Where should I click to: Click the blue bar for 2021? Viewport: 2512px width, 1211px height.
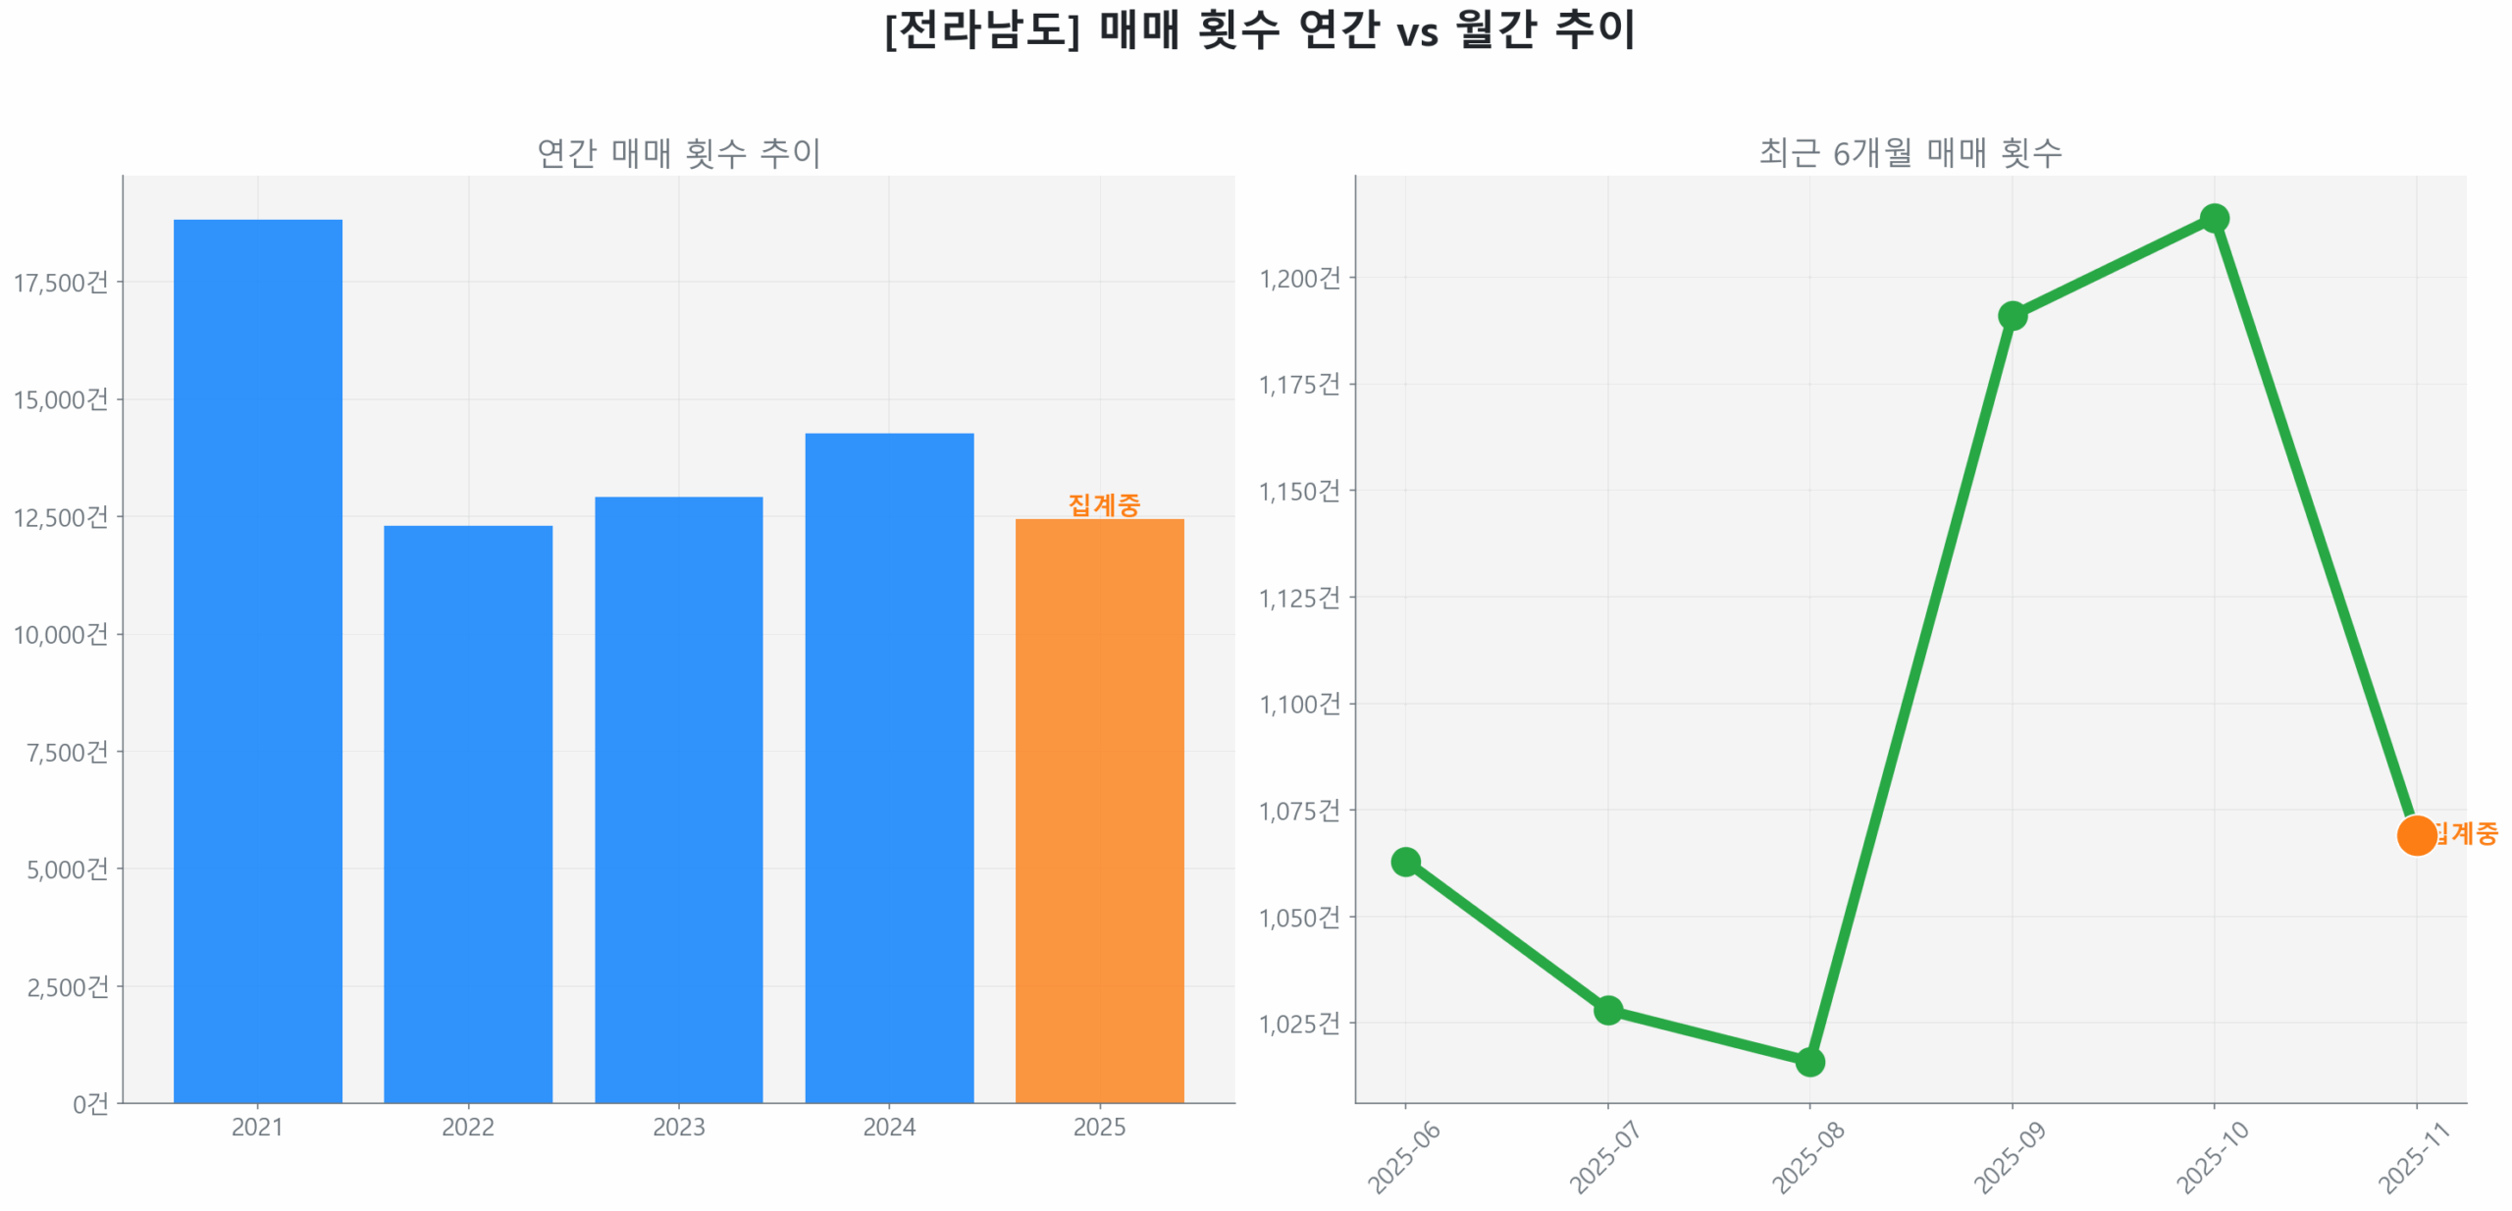pos(257,658)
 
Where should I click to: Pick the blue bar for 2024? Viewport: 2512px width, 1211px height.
pos(888,764)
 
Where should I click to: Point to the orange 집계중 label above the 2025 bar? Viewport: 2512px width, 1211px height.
pos(1103,503)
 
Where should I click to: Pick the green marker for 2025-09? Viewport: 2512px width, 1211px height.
pos(2011,314)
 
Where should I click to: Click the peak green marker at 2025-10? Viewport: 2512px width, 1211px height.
pos(2213,217)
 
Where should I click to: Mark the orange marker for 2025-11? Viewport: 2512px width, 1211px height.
pos(2415,834)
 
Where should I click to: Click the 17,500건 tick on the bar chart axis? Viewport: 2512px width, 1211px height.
pos(61,282)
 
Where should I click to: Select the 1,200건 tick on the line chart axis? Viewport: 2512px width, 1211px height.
pos(1298,278)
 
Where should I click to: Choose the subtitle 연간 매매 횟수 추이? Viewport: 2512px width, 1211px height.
pos(677,152)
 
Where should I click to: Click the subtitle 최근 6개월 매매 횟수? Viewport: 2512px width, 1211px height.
pos(1909,152)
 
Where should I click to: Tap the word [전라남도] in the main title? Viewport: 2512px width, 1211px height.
pos(981,29)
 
